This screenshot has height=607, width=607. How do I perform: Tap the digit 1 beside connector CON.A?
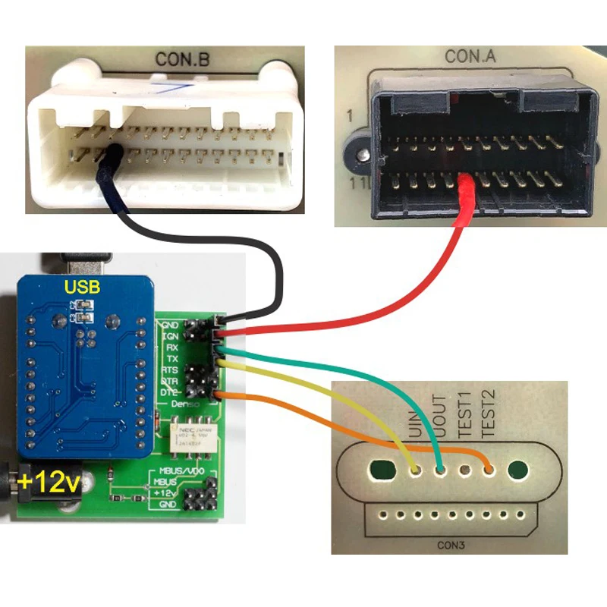pyautogui.click(x=351, y=117)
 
